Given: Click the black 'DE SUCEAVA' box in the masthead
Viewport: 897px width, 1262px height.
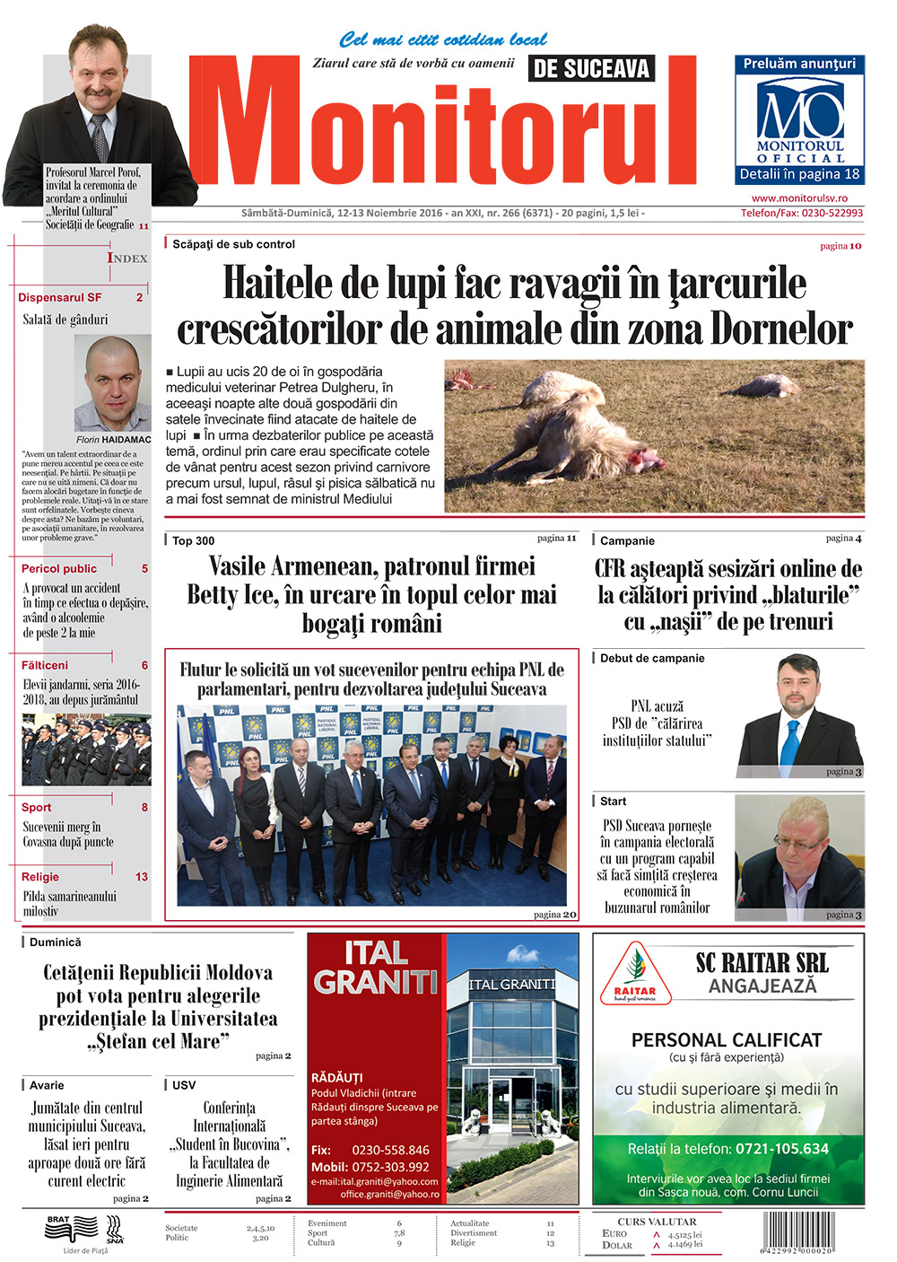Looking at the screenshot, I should click(x=591, y=68).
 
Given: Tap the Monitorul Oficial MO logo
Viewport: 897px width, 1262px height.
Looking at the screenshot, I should click(x=800, y=113).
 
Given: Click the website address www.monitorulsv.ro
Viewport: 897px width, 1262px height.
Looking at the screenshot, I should click(x=799, y=198).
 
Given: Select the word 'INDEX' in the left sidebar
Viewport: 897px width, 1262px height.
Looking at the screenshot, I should click(x=127, y=259).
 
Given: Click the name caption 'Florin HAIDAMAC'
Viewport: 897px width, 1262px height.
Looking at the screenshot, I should click(x=114, y=440).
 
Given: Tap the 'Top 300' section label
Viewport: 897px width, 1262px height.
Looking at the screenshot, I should click(x=193, y=540).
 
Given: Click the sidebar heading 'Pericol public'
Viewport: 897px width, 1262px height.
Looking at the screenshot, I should click(x=59, y=569).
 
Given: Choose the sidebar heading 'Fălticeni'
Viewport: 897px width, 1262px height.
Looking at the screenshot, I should click(x=45, y=666).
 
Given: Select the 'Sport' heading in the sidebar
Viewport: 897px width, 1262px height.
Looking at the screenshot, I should click(x=37, y=808).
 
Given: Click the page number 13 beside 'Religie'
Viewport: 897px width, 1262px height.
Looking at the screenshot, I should click(x=142, y=877).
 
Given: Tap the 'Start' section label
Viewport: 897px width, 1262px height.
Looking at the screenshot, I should click(x=614, y=802).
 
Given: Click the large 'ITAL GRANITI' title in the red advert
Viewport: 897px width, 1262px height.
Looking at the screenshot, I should click(x=376, y=968).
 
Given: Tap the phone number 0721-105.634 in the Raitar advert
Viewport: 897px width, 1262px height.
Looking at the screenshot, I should click(x=782, y=1149).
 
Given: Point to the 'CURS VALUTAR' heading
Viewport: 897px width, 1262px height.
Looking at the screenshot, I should click(x=657, y=1222).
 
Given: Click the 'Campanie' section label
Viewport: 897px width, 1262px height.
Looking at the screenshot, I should click(x=627, y=541).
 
